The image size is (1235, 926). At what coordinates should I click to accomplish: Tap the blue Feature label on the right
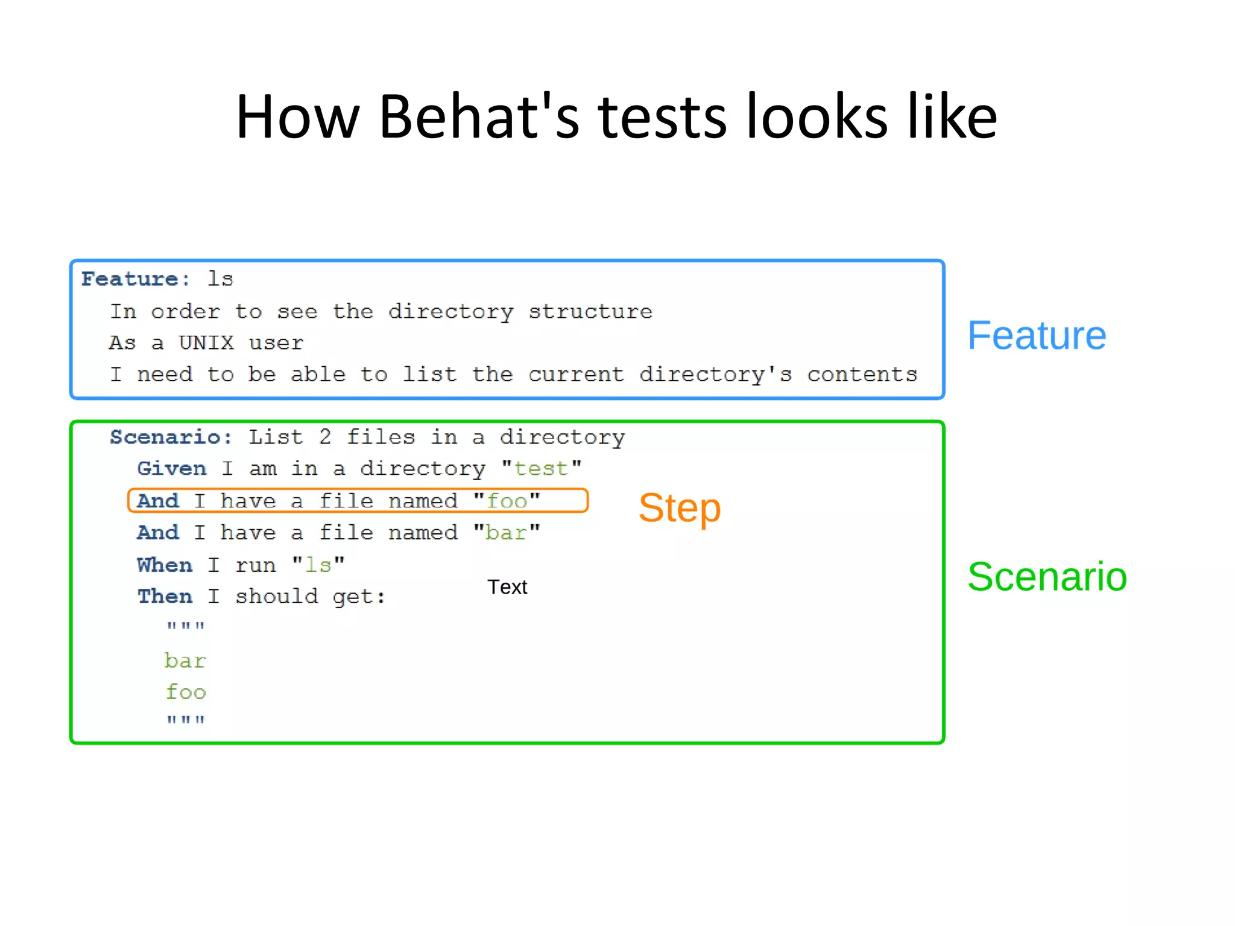tap(1036, 335)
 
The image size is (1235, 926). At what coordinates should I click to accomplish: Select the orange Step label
tap(679, 508)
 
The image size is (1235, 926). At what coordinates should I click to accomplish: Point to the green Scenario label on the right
tap(1047, 577)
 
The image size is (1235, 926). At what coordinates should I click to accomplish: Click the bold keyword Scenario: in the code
tap(171, 437)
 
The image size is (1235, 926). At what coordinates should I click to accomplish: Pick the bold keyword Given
tap(171, 469)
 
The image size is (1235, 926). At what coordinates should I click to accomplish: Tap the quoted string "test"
tap(541, 469)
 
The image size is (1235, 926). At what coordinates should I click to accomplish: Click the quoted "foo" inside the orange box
tap(507, 501)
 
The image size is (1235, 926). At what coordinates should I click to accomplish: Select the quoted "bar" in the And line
tap(507, 533)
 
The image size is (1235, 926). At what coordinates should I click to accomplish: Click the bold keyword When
tap(164, 565)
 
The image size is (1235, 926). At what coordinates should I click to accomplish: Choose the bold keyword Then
tap(164, 597)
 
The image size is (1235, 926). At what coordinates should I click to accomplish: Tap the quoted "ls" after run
tap(318, 565)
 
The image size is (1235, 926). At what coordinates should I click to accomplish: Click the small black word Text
tap(507, 587)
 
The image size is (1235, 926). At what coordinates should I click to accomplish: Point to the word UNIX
tap(206, 343)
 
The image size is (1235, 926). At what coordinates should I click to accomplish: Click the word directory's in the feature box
tap(715, 375)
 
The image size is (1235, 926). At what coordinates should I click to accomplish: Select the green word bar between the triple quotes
tap(185, 661)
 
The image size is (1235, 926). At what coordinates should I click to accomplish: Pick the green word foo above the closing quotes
tap(186, 692)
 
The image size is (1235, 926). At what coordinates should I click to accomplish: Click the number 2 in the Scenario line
tap(325, 437)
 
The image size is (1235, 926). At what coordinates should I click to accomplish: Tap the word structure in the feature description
tap(590, 311)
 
